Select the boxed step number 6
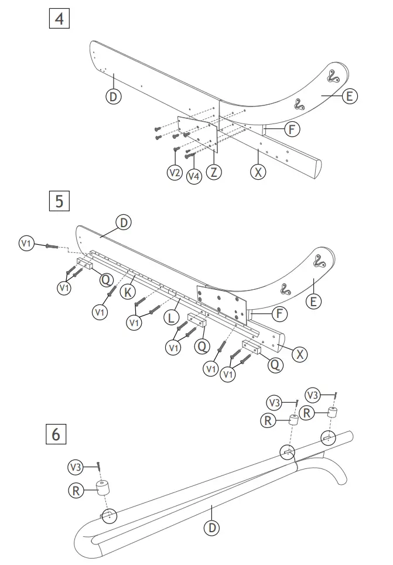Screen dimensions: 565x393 pos(56,434)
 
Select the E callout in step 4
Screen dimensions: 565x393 pos(349,95)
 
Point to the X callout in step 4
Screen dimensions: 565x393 pos(258,172)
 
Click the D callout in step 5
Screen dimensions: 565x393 pos(123,222)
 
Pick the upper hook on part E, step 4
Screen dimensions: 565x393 pos(332,76)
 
